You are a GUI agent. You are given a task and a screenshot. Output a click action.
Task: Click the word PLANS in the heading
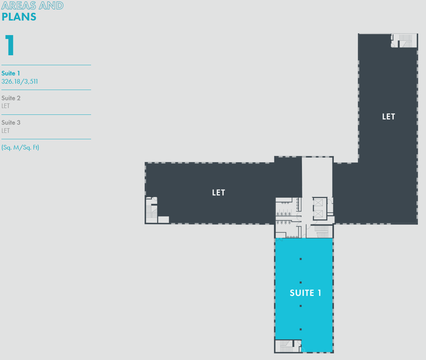click(19, 17)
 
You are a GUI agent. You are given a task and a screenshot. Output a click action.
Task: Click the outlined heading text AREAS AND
click(33, 6)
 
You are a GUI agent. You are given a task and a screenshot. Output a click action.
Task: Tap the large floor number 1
click(10, 45)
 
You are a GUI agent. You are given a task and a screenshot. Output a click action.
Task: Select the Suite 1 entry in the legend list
click(11, 73)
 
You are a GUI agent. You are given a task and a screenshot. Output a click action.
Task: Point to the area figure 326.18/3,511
click(19, 81)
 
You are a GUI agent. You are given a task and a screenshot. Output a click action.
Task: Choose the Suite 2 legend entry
click(11, 98)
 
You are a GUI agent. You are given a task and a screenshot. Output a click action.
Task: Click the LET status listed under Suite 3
click(6, 131)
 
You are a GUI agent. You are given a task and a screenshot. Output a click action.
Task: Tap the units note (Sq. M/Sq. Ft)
click(20, 147)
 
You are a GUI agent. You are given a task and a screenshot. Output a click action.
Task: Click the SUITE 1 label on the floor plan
click(305, 293)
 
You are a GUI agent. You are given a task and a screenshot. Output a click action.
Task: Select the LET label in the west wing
click(218, 192)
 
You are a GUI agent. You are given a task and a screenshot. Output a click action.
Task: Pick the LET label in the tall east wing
click(388, 117)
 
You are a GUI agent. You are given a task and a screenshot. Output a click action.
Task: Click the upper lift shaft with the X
click(318, 203)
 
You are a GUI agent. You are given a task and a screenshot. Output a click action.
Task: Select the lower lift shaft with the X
click(318, 214)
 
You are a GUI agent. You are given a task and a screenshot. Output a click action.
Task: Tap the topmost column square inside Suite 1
click(301, 259)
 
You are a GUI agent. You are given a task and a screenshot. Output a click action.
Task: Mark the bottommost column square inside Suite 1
click(301, 330)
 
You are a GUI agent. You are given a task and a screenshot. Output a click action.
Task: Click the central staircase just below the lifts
click(322, 232)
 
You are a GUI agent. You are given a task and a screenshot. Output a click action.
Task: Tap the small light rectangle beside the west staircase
click(163, 220)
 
